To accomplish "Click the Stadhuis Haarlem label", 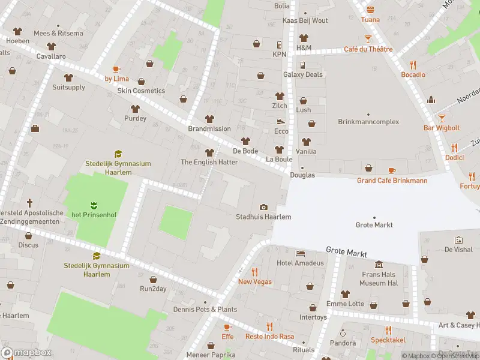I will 263,217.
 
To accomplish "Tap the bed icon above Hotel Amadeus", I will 300,253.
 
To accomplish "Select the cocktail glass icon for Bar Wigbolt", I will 442,118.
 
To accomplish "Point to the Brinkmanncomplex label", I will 368,122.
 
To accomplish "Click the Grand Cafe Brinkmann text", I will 392,181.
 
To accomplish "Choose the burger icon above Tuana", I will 370,10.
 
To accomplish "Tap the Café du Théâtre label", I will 368,50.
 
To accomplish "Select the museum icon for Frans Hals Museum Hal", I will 379,265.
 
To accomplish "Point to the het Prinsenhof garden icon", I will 93,205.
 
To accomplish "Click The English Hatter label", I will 209,163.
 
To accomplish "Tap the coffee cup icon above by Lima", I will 116,69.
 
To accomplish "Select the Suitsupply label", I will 68,88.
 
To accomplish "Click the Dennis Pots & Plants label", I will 205,310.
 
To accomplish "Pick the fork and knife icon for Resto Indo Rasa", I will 269,327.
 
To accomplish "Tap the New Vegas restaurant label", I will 254,282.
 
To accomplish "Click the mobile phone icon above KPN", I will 279,45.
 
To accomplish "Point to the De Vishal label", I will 459,249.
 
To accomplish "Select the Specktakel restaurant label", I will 388,340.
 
